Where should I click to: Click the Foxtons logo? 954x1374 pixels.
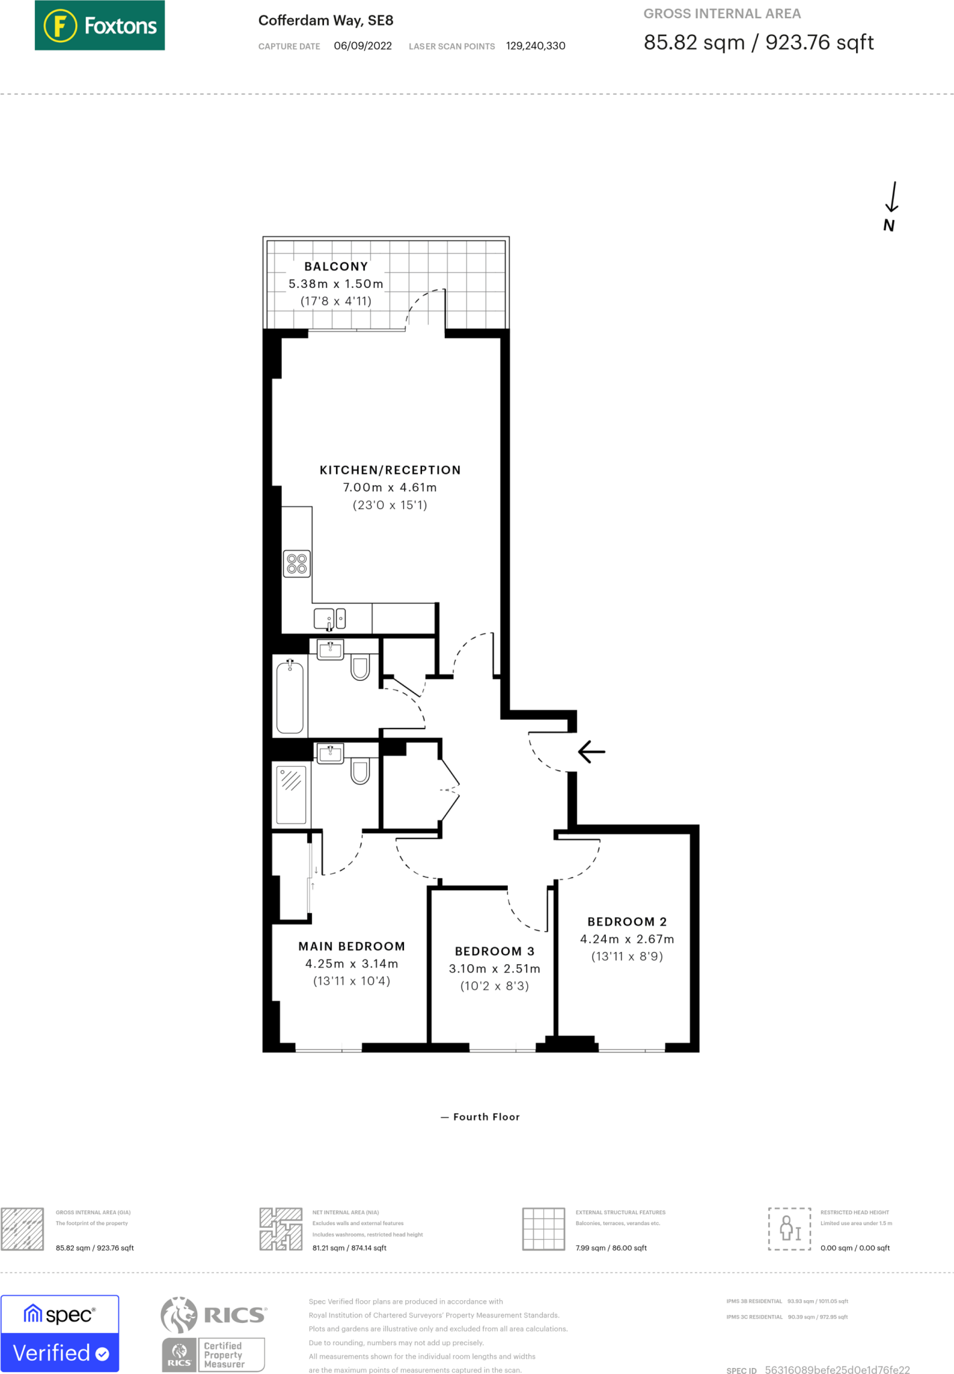coord(99,25)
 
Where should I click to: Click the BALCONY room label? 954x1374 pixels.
coord(336,266)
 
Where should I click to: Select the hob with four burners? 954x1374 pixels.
coord(297,564)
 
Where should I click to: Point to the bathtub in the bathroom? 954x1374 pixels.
coord(290,696)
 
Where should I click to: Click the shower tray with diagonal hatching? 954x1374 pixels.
coord(291,794)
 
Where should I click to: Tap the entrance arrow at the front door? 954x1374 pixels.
coord(591,751)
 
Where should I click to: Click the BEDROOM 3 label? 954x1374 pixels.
coord(494,951)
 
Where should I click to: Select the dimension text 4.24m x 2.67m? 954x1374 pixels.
coord(627,939)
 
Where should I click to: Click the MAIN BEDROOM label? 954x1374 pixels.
coord(352,946)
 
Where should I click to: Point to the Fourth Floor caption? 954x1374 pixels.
coord(480,1116)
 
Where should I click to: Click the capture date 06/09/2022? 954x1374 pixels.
coord(362,46)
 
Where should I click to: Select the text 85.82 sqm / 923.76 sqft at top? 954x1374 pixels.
coord(758,42)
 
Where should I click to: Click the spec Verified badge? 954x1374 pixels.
coord(60,1333)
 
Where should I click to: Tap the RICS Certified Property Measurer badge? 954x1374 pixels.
coord(214,1333)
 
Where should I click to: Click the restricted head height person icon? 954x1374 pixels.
coord(789,1228)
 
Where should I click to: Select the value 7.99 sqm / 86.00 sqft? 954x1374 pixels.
coord(611,1248)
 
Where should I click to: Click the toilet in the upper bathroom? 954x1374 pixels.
coord(360,668)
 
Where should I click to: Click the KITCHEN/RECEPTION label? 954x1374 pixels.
coord(390,470)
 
